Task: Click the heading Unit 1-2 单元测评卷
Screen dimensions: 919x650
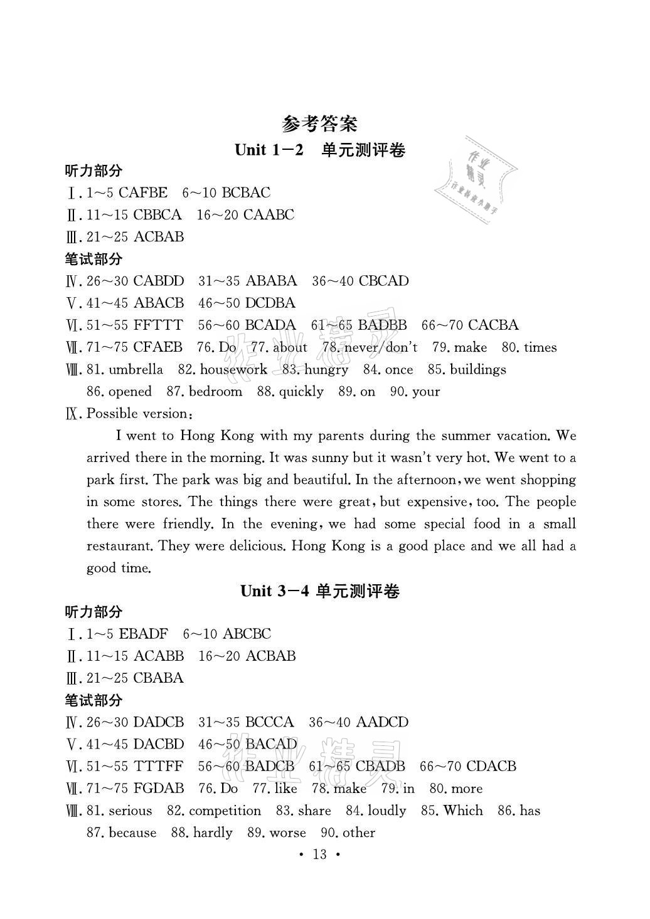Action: click(x=319, y=150)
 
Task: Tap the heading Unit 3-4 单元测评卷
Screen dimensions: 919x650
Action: click(x=320, y=591)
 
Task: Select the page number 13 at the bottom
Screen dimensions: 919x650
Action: click(x=320, y=854)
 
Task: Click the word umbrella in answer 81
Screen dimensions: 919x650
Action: click(x=136, y=369)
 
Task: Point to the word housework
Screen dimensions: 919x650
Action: click(x=233, y=369)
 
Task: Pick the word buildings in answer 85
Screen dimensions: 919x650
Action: click(x=477, y=369)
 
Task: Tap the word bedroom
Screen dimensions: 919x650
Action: click(x=215, y=392)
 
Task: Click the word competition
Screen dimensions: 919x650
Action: click(x=225, y=811)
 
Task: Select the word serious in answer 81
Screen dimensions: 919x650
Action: click(x=130, y=811)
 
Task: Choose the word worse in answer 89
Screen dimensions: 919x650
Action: click(x=287, y=833)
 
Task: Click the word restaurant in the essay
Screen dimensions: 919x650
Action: click(x=119, y=546)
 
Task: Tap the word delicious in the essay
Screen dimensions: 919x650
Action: click(x=250, y=546)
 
